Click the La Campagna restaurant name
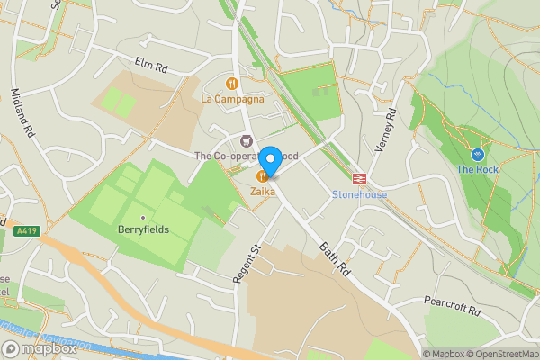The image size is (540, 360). coord(233,99)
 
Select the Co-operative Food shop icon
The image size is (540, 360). coord(247,140)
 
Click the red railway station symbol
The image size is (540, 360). coord(358,178)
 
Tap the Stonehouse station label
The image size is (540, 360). coord(359,193)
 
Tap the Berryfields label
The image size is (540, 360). coord(144,230)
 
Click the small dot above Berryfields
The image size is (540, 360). coord(143,217)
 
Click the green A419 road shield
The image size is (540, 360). coord(26,231)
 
